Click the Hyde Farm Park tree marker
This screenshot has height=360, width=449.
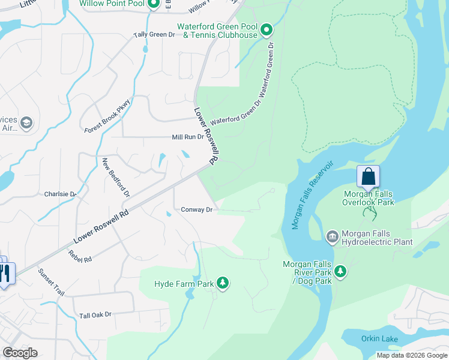(x=223, y=283)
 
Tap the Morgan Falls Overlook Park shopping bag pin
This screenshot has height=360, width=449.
(x=368, y=177)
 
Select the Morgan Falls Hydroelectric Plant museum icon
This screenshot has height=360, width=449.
(x=332, y=238)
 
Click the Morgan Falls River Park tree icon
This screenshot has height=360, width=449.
(x=341, y=272)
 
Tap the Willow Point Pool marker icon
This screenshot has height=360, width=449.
(x=153, y=5)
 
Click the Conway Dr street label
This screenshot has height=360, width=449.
(x=197, y=209)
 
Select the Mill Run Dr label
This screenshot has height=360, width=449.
(x=188, y=137)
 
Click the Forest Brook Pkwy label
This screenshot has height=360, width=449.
(x=107, y=116)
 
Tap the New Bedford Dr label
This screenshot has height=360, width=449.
(x=115, y=178)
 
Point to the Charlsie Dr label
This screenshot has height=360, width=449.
(x=60, y=194)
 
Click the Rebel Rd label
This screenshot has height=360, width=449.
(x=80, y=256)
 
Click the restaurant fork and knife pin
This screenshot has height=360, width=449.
(x=5, y=273)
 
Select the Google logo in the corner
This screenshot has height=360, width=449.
(x=20, y=352)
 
